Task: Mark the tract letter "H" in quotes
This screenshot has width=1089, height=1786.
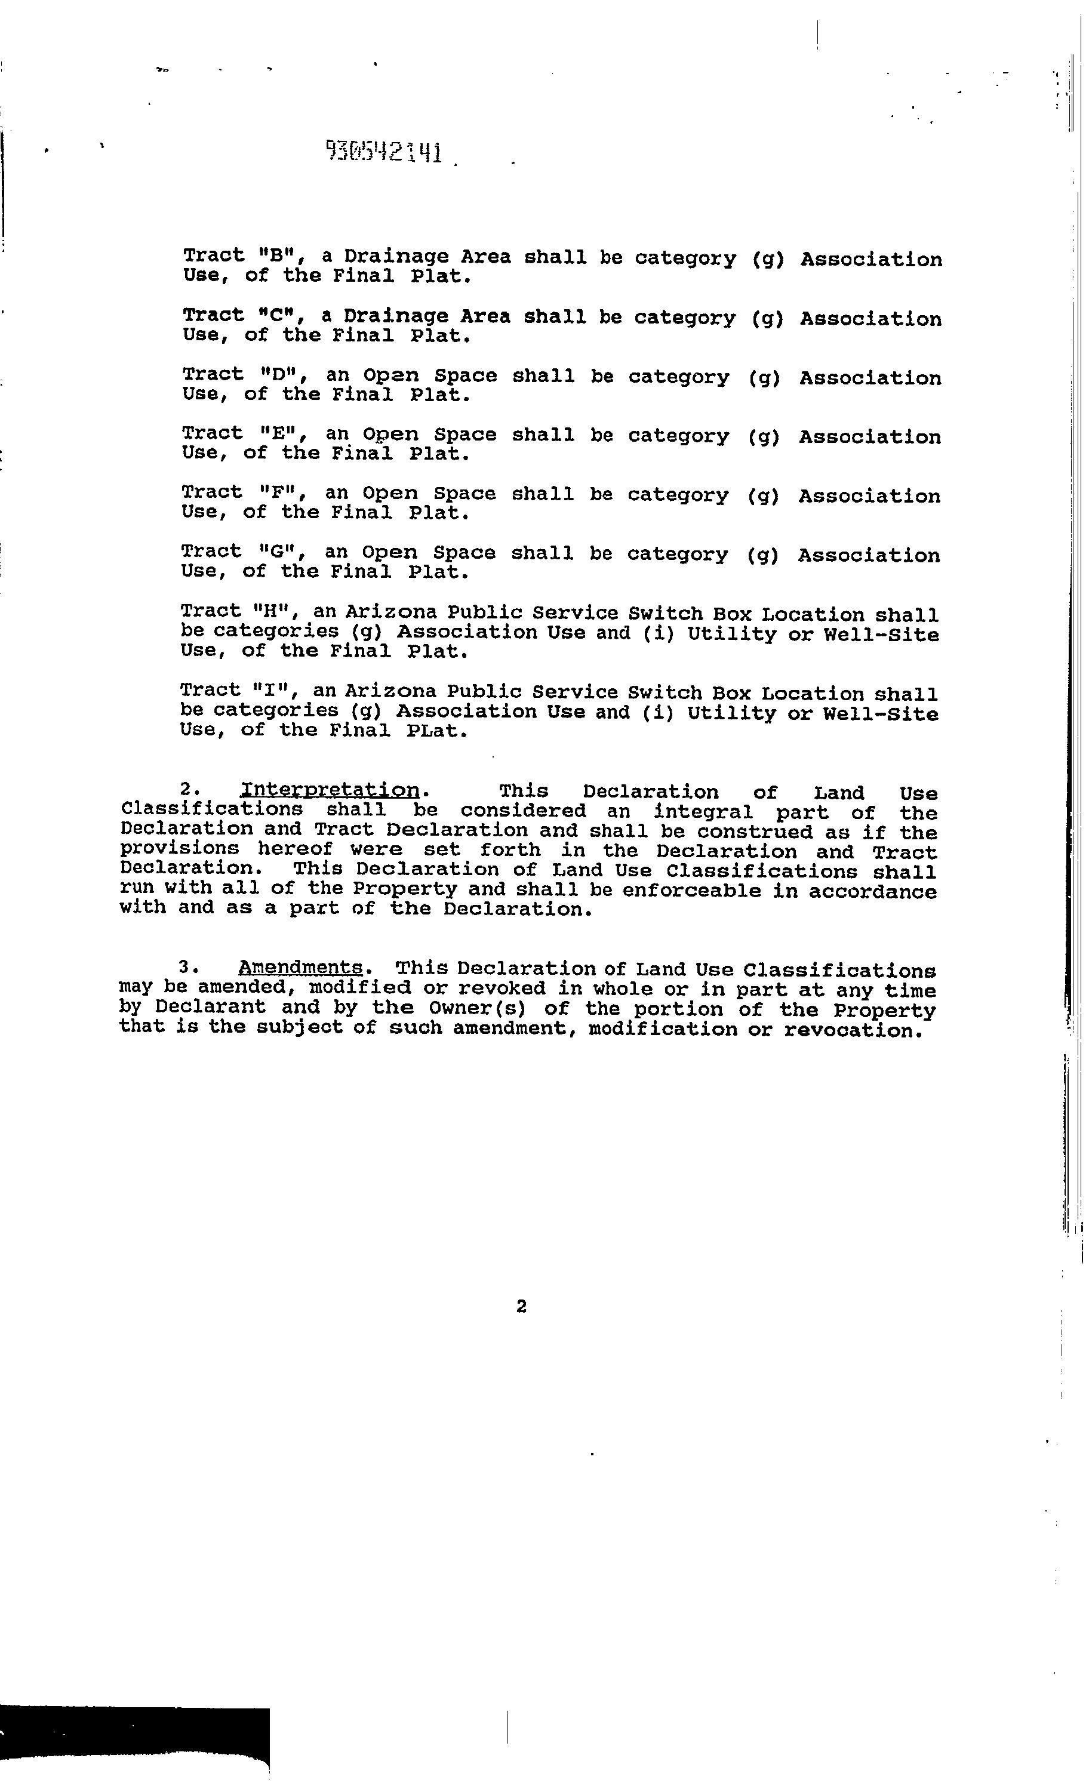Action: tap(277, 612)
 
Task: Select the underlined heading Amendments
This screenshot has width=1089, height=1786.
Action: tap(300, 968)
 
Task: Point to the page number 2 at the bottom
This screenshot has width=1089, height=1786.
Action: tap(521, 1306)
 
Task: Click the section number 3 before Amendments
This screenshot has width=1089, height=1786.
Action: tap(185, 968)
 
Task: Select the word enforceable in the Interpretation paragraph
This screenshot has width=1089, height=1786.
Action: tap(692, 891)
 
